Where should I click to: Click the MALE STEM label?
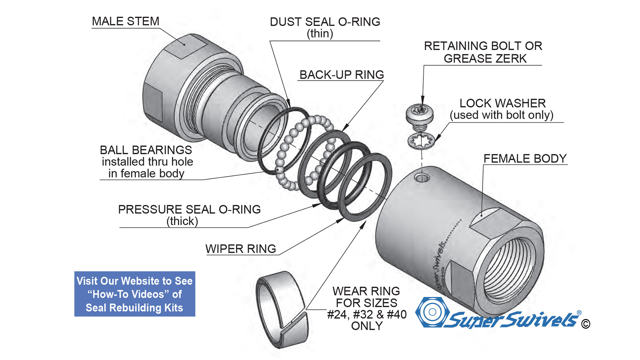pos(125,21)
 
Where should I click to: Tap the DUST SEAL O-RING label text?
pos(325,22)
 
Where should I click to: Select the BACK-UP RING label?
pos(341,75)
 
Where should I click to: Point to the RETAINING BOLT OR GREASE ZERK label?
pos(483,52)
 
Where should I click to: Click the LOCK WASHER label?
pos(502,103)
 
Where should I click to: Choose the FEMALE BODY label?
pos(525,159)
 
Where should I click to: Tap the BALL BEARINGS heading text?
pos(146,150)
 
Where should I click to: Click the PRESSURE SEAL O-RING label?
pos(189,210)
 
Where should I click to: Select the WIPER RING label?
pos(241,249)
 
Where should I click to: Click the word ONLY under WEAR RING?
pos(367,326)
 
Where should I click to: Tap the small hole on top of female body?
pos(422,177)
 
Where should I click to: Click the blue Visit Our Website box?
pos(135,294)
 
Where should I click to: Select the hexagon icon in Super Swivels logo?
pos(432,312)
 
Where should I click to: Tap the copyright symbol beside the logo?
pos(585,324)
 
